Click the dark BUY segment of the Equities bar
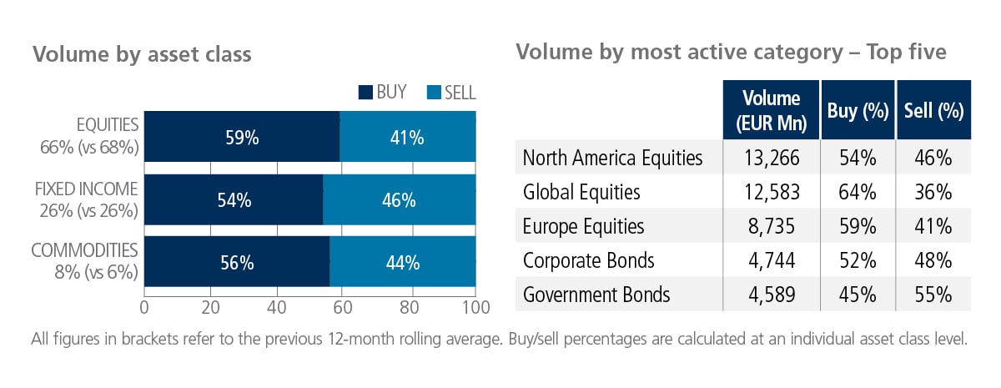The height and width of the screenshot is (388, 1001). (x=242, y=136)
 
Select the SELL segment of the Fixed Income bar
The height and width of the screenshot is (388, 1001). (x=399, y=199)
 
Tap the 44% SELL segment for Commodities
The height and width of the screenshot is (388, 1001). (x=403, y=261)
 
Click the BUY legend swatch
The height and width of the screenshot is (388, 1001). (x=365, y=93)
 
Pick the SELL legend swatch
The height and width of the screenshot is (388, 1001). (x=434, y=93)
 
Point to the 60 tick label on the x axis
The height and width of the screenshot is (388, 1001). (x=343, y=308)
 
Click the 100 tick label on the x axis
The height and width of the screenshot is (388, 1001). (x=476, y=308)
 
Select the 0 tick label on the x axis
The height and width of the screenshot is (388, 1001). (x=143, y=308)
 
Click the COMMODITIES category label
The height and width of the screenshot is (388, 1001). (x=84, y=250)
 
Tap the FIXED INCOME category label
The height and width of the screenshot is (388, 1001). (x=86, y=189)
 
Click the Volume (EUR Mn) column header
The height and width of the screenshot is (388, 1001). (x=772, y=110)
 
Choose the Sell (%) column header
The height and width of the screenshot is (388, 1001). (x=934, y=110)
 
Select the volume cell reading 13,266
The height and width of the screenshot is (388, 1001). (x=772, y=158)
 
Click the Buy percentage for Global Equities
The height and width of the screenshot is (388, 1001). (x=858, y=192)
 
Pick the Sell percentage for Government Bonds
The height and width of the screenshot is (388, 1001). (x=933, y=295)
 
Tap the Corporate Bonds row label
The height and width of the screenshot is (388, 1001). (x=589, y=260)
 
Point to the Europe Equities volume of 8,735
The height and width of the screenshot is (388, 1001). (x=772, y=226)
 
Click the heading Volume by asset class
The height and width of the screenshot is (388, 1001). (x=142, y=54)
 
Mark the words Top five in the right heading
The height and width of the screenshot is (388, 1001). (x=906, y=53)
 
